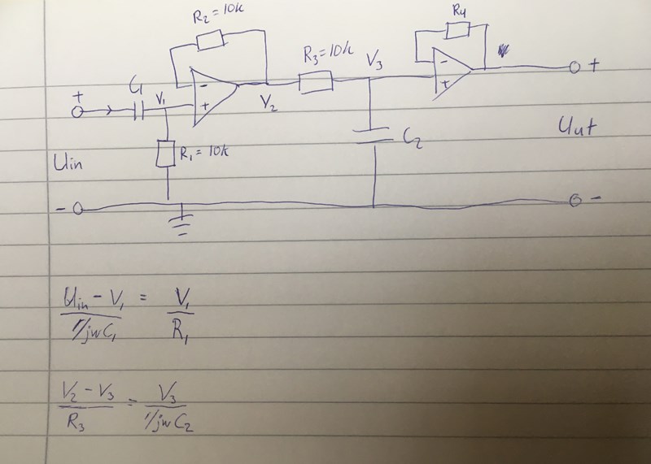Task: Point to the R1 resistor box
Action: pos(168,153)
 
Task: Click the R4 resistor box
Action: pos(457,32)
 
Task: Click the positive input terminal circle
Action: pos(78,113)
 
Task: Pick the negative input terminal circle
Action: pos(78,210)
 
